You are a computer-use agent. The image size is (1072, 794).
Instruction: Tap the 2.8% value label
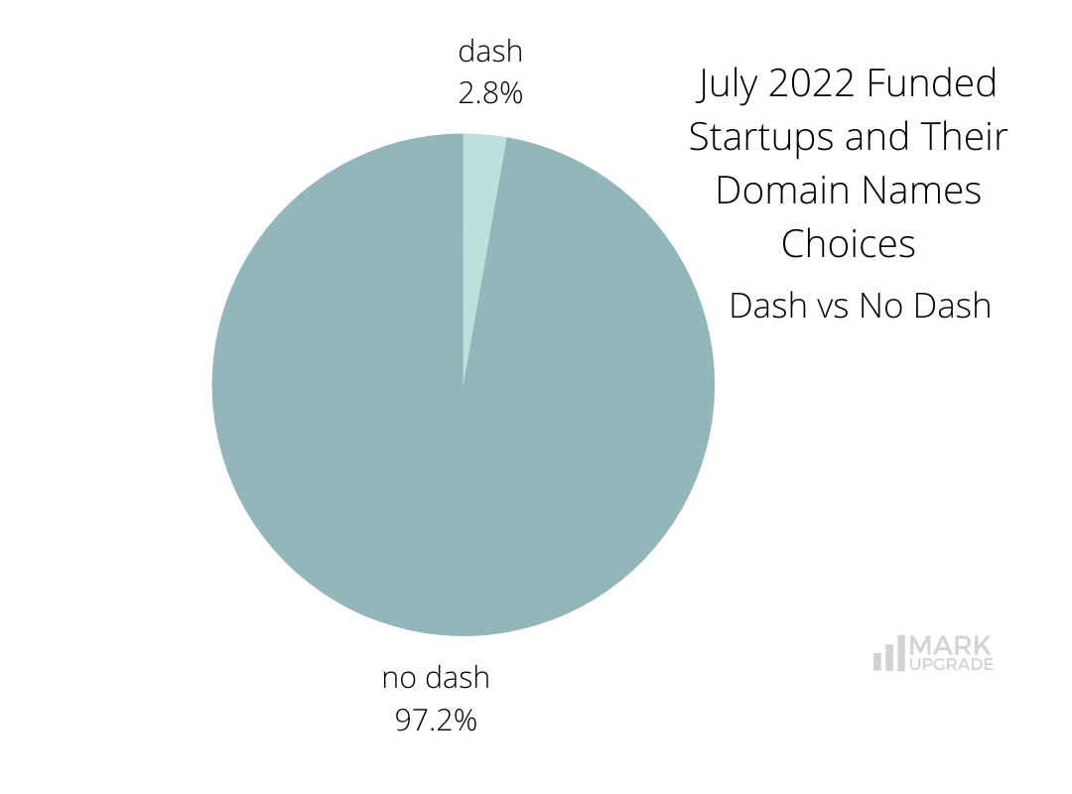point(490,93)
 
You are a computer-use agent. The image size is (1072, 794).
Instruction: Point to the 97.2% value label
point(437,720)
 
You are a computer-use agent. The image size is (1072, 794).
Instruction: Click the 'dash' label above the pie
point(490,53)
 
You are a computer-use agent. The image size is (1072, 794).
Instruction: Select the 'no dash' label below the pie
point(437,678)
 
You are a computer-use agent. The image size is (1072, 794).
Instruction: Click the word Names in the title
point(924,191)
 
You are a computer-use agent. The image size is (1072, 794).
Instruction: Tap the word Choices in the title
point(849,244)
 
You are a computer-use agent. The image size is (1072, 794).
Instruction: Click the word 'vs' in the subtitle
point(833,306)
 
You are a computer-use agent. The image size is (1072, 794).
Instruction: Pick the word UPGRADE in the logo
point(951,665)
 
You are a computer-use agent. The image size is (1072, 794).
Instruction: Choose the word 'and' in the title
point(875,137)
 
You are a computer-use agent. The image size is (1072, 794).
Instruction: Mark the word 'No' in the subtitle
point(879,306)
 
